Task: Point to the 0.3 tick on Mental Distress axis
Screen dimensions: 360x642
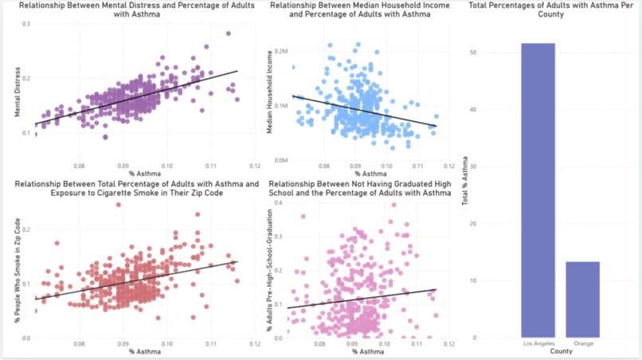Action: tap(26, 24)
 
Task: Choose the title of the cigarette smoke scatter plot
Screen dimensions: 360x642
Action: tap(137, 188)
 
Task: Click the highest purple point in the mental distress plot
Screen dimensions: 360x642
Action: tap(228, 33)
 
